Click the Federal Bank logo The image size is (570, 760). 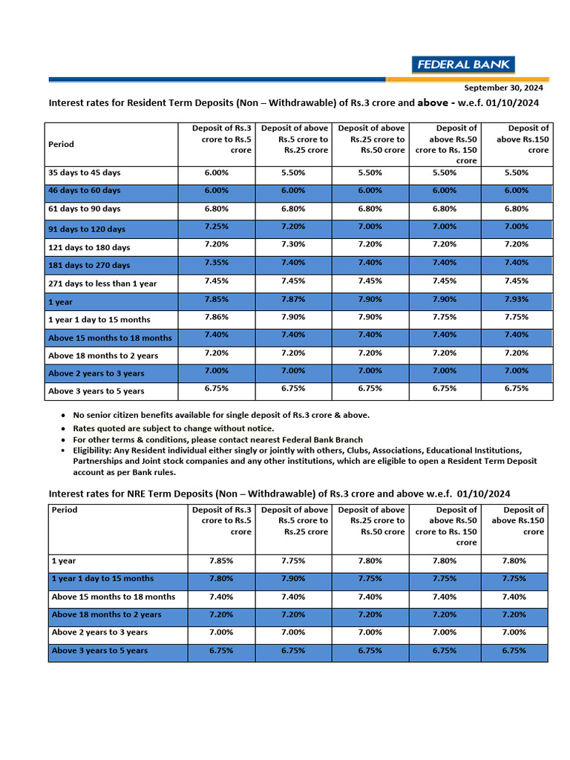click(x=463, y=65)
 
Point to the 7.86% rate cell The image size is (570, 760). click(x=217, y=317)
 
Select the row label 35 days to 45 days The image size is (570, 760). click(x=84, y=173)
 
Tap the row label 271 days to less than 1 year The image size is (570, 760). click(x=102, y=284)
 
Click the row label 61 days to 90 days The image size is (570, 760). click(x=84, y=209)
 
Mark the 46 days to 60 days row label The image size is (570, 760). click(x=84, y=191)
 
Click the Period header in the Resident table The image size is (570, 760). click(x=61, y=144)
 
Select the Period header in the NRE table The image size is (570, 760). click(x=65, y=510)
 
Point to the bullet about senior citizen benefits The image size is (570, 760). click(x=220, y=415)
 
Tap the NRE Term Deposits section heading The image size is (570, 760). click(x=279, y=494)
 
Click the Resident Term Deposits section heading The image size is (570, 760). click(x=293, y=103)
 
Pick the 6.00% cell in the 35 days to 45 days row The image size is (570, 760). click(x=217, y=173)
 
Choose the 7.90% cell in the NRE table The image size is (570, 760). click(x=294, y=579)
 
